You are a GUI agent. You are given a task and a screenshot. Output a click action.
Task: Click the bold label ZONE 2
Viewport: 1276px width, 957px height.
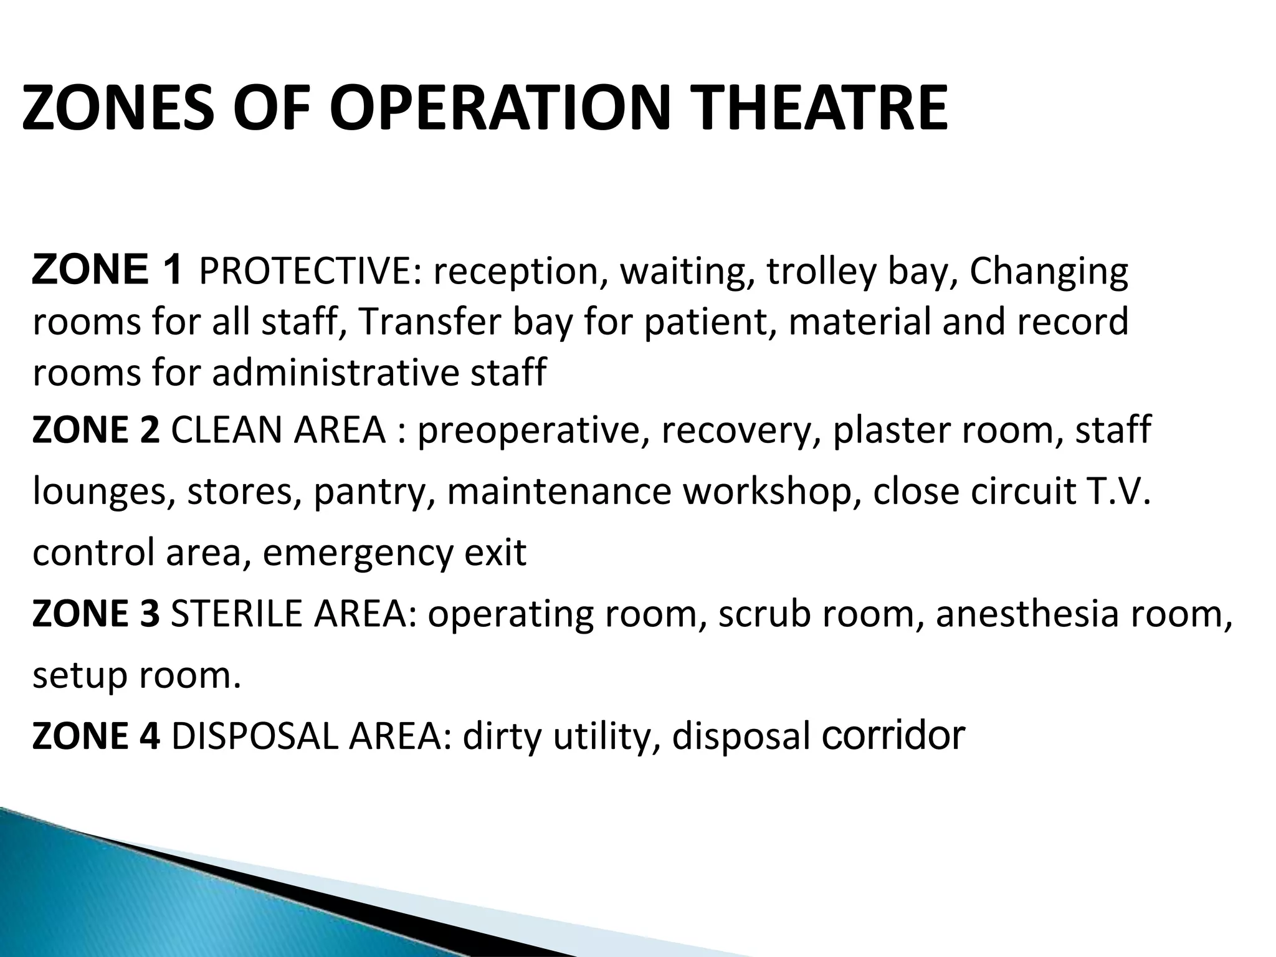pos(95,430)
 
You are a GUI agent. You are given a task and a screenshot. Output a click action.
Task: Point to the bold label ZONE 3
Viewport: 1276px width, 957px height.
pos(95,614)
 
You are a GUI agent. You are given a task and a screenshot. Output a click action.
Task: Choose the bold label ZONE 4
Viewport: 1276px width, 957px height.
pos(95,736)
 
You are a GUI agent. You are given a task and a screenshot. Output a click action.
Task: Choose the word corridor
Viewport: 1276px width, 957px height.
pos(893,736)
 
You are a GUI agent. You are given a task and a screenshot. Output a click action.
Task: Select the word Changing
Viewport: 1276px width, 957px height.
pos(1049,272)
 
